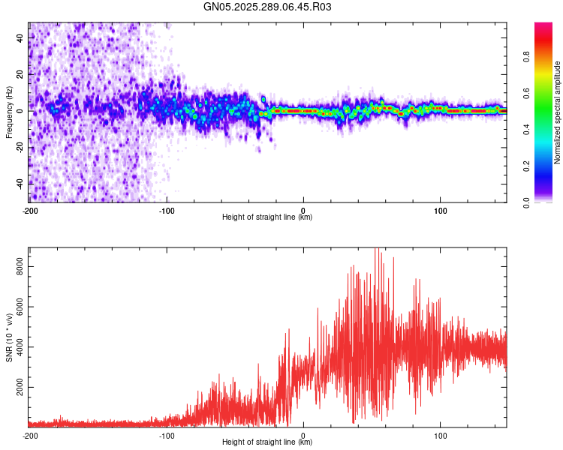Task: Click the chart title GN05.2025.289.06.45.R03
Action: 267,7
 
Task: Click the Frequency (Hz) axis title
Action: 9,112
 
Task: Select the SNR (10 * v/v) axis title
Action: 9,337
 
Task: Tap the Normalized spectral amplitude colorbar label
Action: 557,112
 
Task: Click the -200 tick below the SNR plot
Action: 30,435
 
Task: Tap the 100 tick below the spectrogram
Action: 440,210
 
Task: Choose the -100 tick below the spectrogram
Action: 167,210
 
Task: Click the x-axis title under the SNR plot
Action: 267,442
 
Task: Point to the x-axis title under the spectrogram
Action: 267,217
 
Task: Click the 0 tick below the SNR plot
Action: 303,435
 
